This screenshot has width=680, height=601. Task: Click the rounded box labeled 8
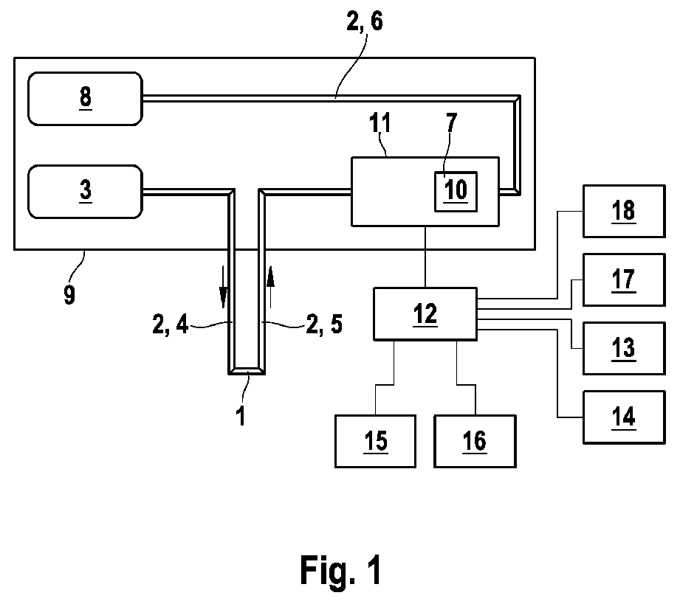pyautogui.click(x=85, y=99)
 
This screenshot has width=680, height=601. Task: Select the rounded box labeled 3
pyautogui.click(x=85, y=192)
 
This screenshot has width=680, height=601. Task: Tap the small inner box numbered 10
pyautogui.click(x=456, y=192)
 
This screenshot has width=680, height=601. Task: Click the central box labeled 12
pyautogui.click(x=425, y=314)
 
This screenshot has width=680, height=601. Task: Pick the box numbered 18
pyautogui.click(x=624, y=212)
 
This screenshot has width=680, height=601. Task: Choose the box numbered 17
pyautogui.click(x=624, y=279)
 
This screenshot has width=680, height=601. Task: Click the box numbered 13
pyautogui.click(x=624, y=348)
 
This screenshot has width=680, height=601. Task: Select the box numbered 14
pyautogui.click(x=624, y=417)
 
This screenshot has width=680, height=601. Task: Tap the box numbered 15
pyautogui.click(x=375, y=441)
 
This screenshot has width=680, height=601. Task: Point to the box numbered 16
pyautogui.click(x=475, y=441)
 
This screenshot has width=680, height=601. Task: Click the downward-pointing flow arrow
pyautogui.click(x=223, y=287)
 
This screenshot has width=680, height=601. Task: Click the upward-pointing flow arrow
pyautogui.click(x=271, y=287)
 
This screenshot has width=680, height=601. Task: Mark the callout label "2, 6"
pyautogui.click(x=365, y=21)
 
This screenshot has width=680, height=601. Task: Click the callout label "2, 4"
pyautogui.click(x=170, y=324)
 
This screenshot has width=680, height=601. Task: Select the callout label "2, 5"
pyautogui.click(x=324, y=324)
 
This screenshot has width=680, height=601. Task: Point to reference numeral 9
pyautogui.click(x=69, y=295)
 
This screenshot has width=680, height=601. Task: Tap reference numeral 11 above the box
pyautogui.click(x=380, y=122)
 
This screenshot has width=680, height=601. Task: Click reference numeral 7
pyautogui.click(x=451, y=122)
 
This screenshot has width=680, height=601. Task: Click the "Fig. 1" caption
pyautogui.click(x=341, y=571)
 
